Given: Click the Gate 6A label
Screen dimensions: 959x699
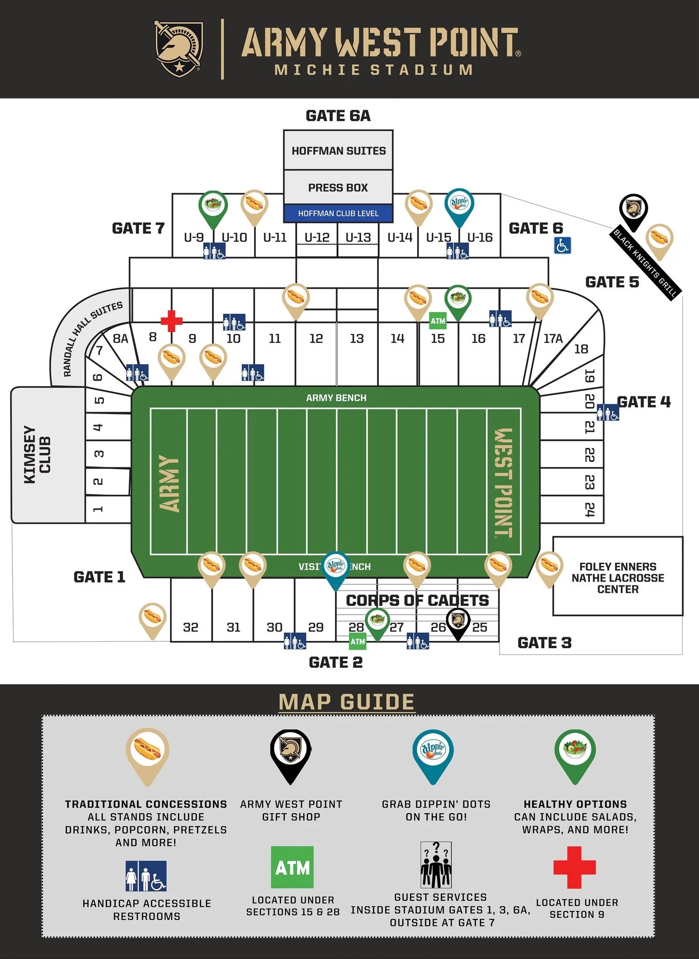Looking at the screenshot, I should coord(338,116).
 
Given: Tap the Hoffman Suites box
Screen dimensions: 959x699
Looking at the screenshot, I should coord(338,150).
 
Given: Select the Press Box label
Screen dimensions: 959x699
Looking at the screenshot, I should coord(338,187).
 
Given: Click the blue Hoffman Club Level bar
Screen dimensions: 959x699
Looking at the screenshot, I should coord(338,213).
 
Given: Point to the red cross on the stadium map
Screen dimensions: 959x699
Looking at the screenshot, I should coord(171,320).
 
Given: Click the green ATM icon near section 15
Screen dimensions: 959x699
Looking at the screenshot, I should coord(438,321).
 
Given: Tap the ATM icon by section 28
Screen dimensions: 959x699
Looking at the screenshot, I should coord(357,641).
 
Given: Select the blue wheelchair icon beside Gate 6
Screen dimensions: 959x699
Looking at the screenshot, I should coord(562,245).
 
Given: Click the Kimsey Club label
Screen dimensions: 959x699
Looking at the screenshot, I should coord(37,455).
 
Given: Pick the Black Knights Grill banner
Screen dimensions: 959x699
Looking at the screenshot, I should coord(646,263).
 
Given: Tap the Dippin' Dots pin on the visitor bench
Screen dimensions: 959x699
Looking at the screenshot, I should coord(336,568).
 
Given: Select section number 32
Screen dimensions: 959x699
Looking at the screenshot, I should coord(191,627).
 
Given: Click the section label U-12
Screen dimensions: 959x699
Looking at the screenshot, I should coord(317,237).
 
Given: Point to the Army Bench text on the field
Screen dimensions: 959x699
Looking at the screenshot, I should coord(336,398).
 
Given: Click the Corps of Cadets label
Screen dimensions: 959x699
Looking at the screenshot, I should coord(417,600).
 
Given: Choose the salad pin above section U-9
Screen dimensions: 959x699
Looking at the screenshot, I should coord(213,206).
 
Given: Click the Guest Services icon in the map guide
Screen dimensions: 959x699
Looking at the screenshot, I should coord(436,864).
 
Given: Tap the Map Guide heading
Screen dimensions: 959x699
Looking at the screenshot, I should coord(346,702).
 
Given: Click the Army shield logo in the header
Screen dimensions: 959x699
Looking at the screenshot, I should coord(178,49).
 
